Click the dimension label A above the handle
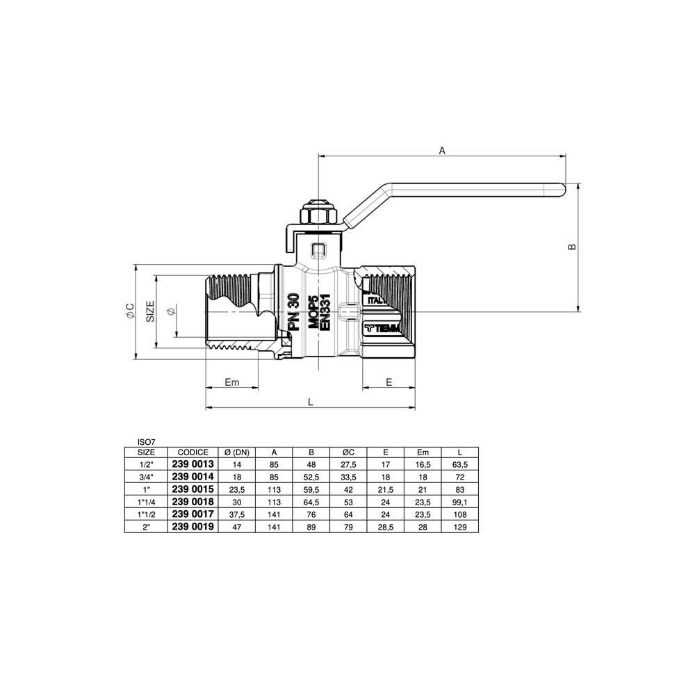442,151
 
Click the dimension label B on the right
572,247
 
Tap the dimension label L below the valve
311,402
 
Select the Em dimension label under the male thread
232,382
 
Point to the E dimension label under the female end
389,382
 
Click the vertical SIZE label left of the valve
151,311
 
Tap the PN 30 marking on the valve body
294,312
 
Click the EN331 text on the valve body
325,312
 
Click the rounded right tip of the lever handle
564,189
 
